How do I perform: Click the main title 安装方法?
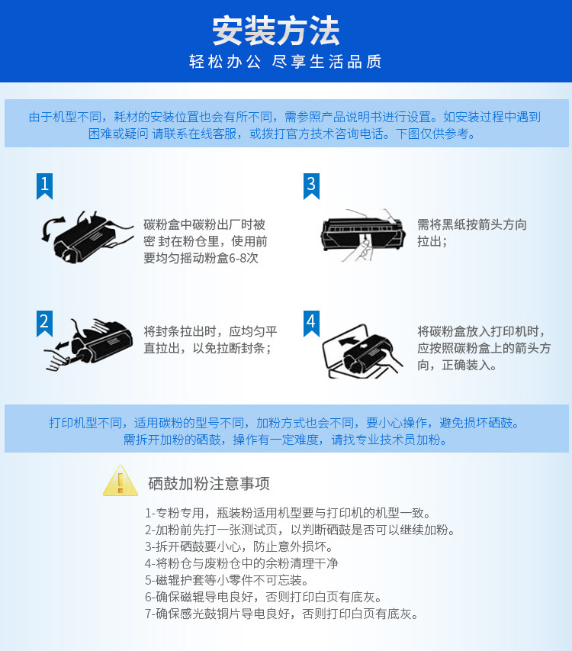276,31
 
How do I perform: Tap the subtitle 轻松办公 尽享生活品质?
285,62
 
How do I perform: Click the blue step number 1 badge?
44,186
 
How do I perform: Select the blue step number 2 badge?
44,324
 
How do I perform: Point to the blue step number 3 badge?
311,186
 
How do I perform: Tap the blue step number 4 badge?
311,324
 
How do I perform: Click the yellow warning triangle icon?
121,481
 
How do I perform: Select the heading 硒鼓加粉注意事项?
209,484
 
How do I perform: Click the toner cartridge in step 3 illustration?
363,234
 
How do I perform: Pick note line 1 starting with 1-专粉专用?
288,513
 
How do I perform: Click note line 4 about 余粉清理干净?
242,563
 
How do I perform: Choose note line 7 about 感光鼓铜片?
281,614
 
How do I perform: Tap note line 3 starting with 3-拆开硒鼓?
239,546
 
